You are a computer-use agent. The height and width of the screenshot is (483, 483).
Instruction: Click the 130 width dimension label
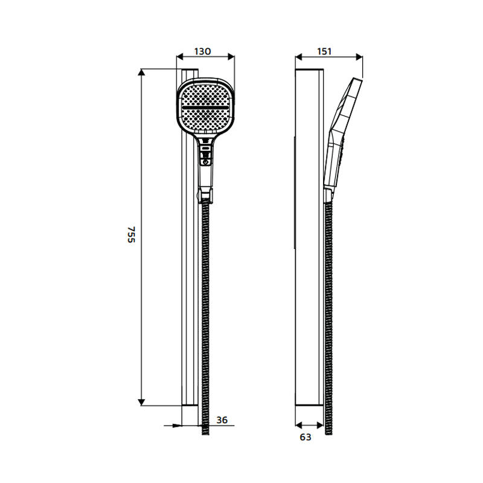coord(202,52)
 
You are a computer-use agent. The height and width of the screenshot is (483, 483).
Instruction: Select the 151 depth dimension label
coord(325,52)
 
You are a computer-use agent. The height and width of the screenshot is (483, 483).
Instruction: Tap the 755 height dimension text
coord(131,235)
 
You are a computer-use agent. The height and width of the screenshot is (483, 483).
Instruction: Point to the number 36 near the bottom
coord(222,420)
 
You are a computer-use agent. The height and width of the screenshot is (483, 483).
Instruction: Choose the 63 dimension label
coord(305,437)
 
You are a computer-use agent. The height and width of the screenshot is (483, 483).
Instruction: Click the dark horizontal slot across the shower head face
coord(206,107)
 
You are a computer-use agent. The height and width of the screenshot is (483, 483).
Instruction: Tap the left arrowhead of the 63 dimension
coord(298,424)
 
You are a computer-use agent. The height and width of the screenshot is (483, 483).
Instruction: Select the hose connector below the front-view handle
coord(206,194)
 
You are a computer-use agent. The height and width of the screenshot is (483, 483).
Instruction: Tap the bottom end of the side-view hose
coord(328,430)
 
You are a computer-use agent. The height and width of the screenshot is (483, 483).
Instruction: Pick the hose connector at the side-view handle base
coord(328,195)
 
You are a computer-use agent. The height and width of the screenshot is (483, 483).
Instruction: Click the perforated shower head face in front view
coord(206,121)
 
